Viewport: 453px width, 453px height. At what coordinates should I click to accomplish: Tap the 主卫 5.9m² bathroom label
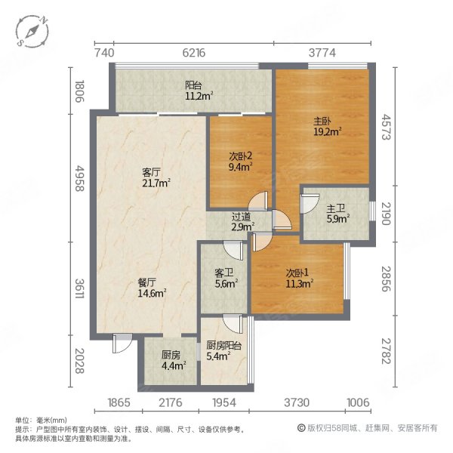click(x=336, y=215)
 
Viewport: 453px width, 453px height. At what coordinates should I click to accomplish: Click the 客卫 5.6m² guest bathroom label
click(x=224, y=279)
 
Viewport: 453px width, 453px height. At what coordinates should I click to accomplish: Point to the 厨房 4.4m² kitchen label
click(x=171, y=359)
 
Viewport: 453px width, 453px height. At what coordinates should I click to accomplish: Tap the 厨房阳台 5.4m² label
click(x=223, y=351)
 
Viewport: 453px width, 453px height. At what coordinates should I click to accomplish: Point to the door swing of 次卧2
click(x=259, y=200)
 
